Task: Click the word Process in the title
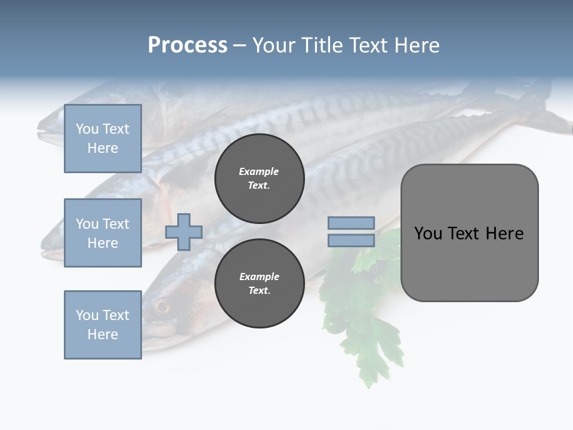(x=187, y=45)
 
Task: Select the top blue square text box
(x=103, y=139)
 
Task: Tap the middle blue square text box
(x=103, y=233)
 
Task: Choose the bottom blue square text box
(x=103, y=324)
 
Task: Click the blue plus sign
(x=184, y=232)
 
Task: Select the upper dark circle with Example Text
(x=259, y=179)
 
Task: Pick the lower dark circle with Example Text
(x=259, y=284)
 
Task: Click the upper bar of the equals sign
(x=352, y=223)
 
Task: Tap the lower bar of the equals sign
(x=352, y=240)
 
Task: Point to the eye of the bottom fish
(x=161, y=307)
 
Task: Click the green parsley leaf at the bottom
(x=370, y=352)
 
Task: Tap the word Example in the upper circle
(x=259, y=171)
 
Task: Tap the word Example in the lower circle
(x=259, y=277)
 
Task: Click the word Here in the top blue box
(x=103, y=148)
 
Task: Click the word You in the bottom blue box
(x=87, y=315)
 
